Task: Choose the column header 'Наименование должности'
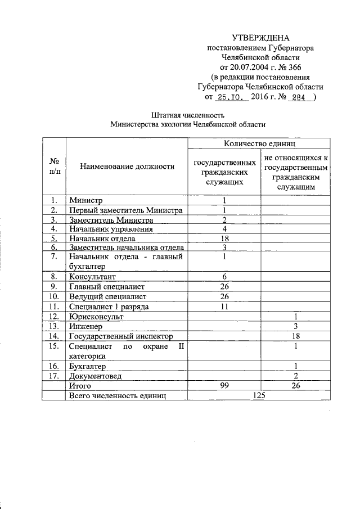(127, 166)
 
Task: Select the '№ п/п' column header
(54, 166)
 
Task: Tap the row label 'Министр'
(84, 200)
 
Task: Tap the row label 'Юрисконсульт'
(96, 316)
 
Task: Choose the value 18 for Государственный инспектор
(295, 336)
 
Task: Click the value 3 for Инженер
(295, 326)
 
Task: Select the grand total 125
(259, 395)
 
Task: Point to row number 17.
(54, 375)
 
